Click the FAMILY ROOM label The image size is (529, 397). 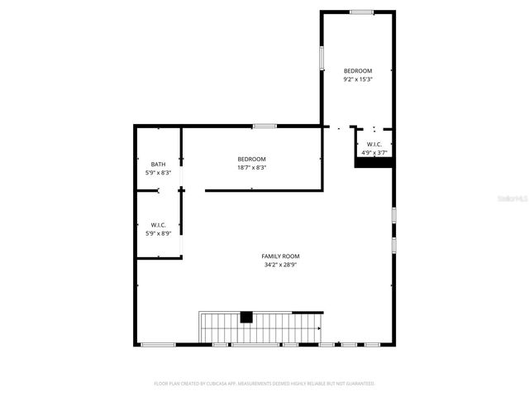(x=281, y=256)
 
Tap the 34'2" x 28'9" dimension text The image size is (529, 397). (x=281, y=265)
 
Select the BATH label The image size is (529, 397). (x=158, y=164)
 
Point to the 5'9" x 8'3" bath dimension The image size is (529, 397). (x=158, y=173)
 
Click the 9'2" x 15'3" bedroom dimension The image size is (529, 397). (x=358, y=79)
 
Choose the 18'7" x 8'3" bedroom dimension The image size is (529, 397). (x=251, y=168)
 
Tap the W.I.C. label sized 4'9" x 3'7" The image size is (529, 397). (x=374, y=144)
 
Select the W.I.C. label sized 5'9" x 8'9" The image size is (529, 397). (x=158, y=225)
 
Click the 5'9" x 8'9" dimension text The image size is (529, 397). (x=158, y=234)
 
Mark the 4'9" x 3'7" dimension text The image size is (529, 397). (x=374, y=153)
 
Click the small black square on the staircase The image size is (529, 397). (x=245, y=316)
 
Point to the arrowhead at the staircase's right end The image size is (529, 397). (x=318, y=328)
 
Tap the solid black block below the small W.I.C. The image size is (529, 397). (x=374, y=163)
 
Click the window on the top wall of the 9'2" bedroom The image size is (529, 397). (x=360, y=12)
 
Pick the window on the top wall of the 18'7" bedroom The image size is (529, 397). (x=264, y=126)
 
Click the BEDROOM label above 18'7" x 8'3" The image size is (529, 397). (x=251, y=159)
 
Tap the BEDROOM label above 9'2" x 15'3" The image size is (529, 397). (x=358, y=70)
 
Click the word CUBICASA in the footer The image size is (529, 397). (x=218, y=384)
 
